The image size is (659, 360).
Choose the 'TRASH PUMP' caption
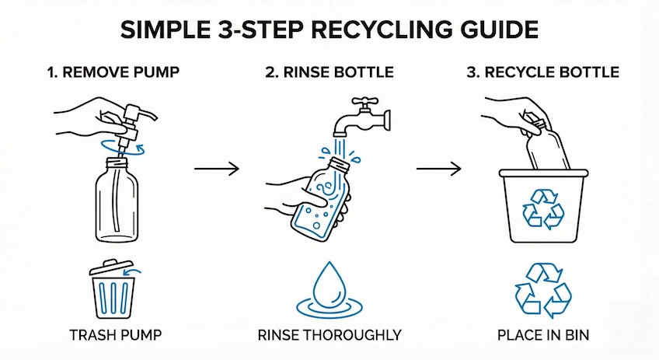coord(114,336)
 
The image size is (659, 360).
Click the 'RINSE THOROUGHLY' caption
coord(329,336)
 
